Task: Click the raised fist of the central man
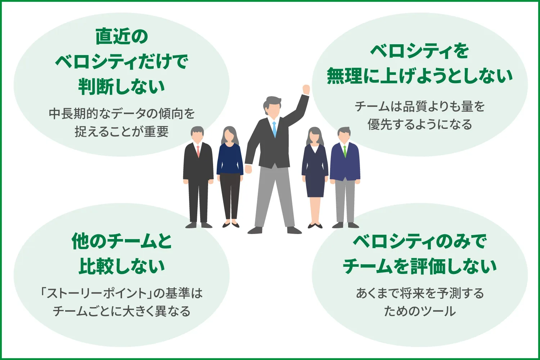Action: (x=306, y=90)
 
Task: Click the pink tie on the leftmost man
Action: (x=198, y=151)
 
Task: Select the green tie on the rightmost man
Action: (x=345, y=151)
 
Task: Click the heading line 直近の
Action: (x=122, y=37)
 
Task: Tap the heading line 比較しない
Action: (x=122, y=266)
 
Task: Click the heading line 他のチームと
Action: (x=122, y=241)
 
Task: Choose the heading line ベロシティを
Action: (x=419, y=51)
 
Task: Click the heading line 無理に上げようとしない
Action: (x=419, y=76)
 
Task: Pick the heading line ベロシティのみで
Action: (x=419, y=241)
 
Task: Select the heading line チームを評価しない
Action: (x=419, y=266)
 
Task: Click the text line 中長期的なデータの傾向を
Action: (x=122, y=114)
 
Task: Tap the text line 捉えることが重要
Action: (x=122, y=132)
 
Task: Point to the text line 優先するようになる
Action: (x=419, y=125)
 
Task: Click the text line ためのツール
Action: (x=419, y=311)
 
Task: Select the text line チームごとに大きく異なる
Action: (x=122, y=311)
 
